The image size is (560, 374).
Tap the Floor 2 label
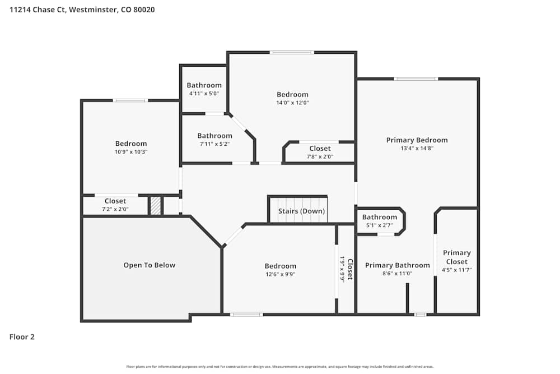click(22, 337)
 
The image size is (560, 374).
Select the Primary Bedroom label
click(417, 140)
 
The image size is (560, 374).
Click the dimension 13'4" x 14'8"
click(417, 149)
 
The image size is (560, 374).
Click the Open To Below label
click(149, 265)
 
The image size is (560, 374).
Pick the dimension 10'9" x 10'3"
click(131, 152)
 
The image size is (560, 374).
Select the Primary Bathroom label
click(397, 265)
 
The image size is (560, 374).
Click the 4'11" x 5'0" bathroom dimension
click(204, 94)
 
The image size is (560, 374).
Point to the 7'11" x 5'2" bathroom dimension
click(214, 144)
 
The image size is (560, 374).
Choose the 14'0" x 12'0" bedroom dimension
click(292, 103)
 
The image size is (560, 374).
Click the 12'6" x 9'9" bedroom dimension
click(280, 274)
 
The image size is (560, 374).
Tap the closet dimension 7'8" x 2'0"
click(320, 157)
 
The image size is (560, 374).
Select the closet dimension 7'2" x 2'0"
click(115, 209)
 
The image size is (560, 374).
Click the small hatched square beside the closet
click(155, 206)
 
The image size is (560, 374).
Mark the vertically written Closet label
click(350, 269)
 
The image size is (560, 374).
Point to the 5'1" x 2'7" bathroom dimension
click(379, 225)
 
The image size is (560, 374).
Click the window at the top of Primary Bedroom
click(416, 79)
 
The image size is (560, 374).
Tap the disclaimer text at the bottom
click(280, 367)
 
